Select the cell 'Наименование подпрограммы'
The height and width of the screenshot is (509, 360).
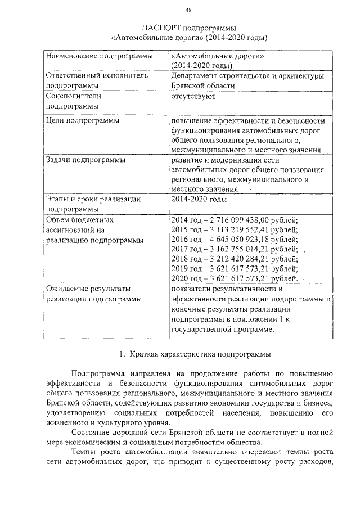[x=99, y=57]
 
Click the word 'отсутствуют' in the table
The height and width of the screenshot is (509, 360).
[x=193, y=96]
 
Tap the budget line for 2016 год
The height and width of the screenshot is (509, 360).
[x=233, y=240]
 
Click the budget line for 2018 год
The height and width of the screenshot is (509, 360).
[x=233, y=259]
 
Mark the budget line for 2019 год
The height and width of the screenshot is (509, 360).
[x=233, y=269]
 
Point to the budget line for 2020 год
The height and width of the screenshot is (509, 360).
[x=233, y=278]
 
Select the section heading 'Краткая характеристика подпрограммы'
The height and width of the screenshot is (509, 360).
[x=200, y=355]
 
